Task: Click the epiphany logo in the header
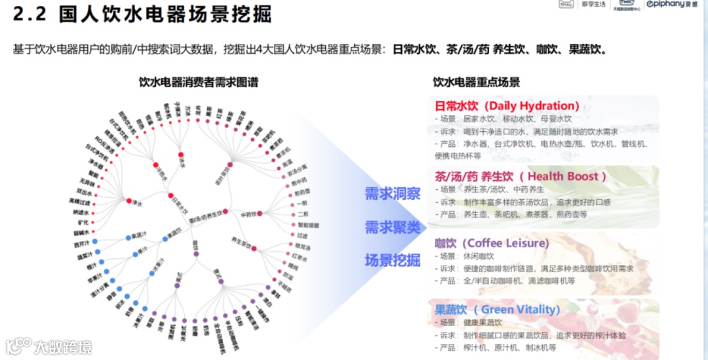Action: pyautogui.click(x=671, y=5)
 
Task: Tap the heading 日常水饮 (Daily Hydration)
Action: pyautogui.click(x=507, y=106)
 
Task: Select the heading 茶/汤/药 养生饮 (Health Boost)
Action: pyautogui.click(x=521, y=176)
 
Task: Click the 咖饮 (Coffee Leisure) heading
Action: pyautogui.click(x=492, y=243)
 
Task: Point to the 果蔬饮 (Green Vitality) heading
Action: pyautogui.click(x=498, y=309)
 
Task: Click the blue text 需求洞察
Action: pyautogui.click(x=393, y=193)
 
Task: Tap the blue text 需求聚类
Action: pyautogui.click(x=393, y=227)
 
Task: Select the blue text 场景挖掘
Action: pyautogui.click(x=393, y=260)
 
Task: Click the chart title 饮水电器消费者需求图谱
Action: pyautogui.click(x=199, y=83)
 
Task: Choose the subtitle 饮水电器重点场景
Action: pyautogui.click(x=477, y=83)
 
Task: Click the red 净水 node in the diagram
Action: pyautogui.click(x=129, y=201)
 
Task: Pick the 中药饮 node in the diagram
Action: pyautogui.click(x=260, y=213)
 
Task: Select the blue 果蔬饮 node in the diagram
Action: pyautogui.click(x=165, y=239)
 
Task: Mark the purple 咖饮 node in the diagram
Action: pyautogui.click(x=195, y=252)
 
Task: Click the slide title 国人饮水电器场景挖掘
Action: pyautogui.click(x=165, y=14)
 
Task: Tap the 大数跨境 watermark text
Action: pyautogui.click(x=63, y=346)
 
